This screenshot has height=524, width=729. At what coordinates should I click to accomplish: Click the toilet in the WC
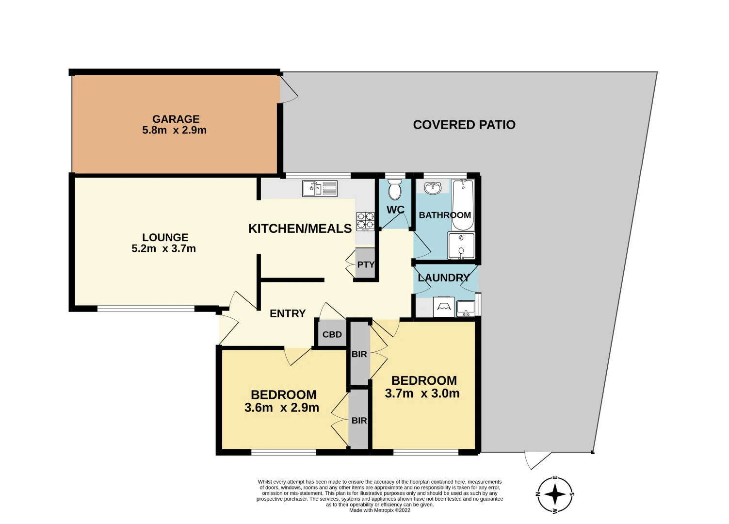(395, 189)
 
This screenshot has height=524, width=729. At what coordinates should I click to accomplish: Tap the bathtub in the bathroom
(463, 204)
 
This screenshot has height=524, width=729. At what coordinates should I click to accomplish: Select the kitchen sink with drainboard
(320, 188)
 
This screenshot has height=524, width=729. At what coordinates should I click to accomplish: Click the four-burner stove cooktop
(365, 221)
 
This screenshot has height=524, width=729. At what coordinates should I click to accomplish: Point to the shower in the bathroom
(461, 246)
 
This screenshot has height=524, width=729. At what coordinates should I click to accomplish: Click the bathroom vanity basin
(433, 187)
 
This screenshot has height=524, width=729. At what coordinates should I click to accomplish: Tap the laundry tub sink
(466, 308)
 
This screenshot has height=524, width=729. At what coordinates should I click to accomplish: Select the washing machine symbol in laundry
(443, 307)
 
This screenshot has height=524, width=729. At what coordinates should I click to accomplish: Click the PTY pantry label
(366, 264)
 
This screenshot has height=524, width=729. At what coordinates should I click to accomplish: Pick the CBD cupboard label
(332, 334)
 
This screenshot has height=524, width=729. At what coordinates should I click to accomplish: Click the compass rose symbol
(555, 494)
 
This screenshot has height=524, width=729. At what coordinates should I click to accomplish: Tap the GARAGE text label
(176, 119)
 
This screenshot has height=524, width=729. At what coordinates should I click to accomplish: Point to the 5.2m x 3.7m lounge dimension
(163, 248)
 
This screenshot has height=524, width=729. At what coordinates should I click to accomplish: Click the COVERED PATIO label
(464, 125)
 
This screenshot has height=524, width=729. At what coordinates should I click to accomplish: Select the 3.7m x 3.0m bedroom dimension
(422, 393)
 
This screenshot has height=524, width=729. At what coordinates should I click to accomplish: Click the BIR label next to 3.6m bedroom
(359, 420)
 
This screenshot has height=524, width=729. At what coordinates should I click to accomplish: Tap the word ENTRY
(288, 313)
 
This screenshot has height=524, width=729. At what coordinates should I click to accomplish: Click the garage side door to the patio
(289, 89)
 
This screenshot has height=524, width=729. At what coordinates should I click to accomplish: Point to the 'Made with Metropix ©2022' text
(380, 510)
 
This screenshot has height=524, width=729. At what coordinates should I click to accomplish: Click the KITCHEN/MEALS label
(300, 229)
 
